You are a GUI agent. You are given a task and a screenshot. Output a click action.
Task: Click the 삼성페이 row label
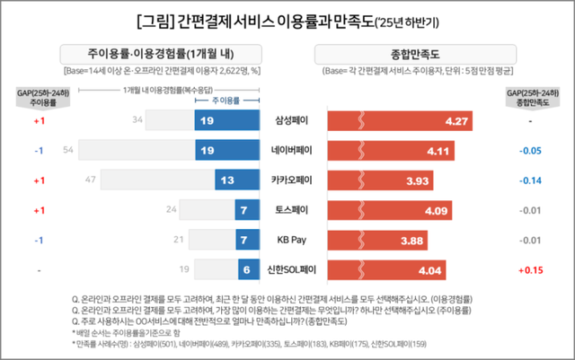pyautogui.click(x=291, y=119)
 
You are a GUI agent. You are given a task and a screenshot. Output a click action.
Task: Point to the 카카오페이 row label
pyautogui.click(x=291, y=180)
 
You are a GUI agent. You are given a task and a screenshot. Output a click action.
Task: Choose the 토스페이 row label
pyautogui.click(x=291, y=210)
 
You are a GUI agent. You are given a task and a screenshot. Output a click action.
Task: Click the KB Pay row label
pyautogui.click(x=291, y=240)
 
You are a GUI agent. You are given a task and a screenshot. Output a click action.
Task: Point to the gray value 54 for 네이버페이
pyautogui.click(x=67, y=149)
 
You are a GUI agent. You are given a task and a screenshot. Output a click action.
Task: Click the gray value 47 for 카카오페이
pyautogui.click(x=91, y=180)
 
